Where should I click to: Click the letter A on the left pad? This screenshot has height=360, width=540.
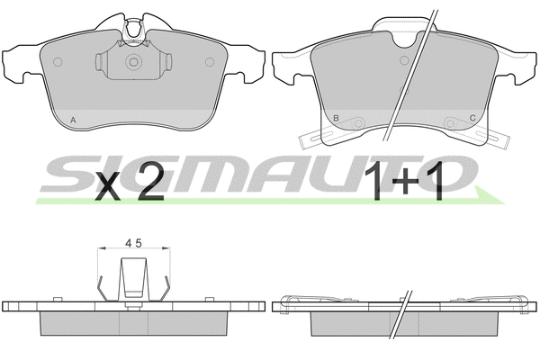[x=73, y=121]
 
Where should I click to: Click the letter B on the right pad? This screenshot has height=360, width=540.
[x=336, y=118]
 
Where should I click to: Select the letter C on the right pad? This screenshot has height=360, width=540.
[x=472, y=118]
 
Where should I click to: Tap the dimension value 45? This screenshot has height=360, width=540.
[x=133, y=243]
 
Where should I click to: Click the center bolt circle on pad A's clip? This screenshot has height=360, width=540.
[x=133, y=62]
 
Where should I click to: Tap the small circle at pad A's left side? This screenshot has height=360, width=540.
[x=58, y=62]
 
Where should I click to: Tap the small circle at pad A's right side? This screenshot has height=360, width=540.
[x=210, y=62]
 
